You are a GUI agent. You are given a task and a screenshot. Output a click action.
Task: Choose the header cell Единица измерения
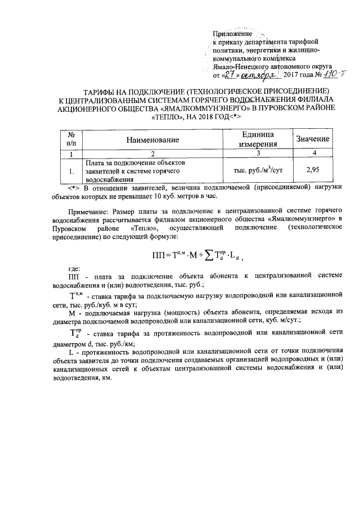(257, 139)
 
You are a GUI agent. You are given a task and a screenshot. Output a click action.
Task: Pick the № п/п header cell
(71, 139)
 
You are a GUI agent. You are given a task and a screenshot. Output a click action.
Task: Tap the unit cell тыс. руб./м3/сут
(257, 169)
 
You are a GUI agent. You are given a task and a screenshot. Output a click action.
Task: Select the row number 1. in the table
(71, 169)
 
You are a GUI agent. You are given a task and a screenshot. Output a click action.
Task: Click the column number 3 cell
(257, 153)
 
